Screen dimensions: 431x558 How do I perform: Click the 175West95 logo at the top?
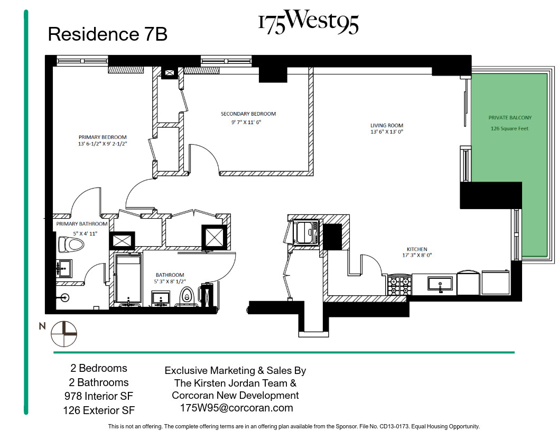coord(308,23)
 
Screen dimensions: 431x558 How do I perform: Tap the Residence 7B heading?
coord(107,34)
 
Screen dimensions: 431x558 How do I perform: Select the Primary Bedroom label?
coord(103,137)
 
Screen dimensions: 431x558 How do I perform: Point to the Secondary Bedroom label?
coord(248,114)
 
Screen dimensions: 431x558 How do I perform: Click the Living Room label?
coord(386,126)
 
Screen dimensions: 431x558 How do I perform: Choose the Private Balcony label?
coord(510,118)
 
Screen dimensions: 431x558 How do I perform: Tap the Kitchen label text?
coord(417,249)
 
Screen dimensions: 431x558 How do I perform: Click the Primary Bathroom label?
coord(82,224)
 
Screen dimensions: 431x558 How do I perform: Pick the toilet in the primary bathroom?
coord(71,245)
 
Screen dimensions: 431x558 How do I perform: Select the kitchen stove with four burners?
coord(400,286)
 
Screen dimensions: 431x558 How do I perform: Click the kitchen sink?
coord(440,285)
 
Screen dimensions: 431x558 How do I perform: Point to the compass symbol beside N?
coord(64,334)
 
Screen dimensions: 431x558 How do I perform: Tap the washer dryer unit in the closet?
coord(306,233)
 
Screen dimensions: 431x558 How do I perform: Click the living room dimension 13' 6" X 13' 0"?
coord(386,133)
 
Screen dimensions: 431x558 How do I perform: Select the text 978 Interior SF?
coord(99,396)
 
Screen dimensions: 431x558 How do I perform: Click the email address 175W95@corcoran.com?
coord(236,408)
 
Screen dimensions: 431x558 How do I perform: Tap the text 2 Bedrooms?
coord(99,368)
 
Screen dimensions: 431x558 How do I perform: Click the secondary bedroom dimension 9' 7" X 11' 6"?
coord(242,122)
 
